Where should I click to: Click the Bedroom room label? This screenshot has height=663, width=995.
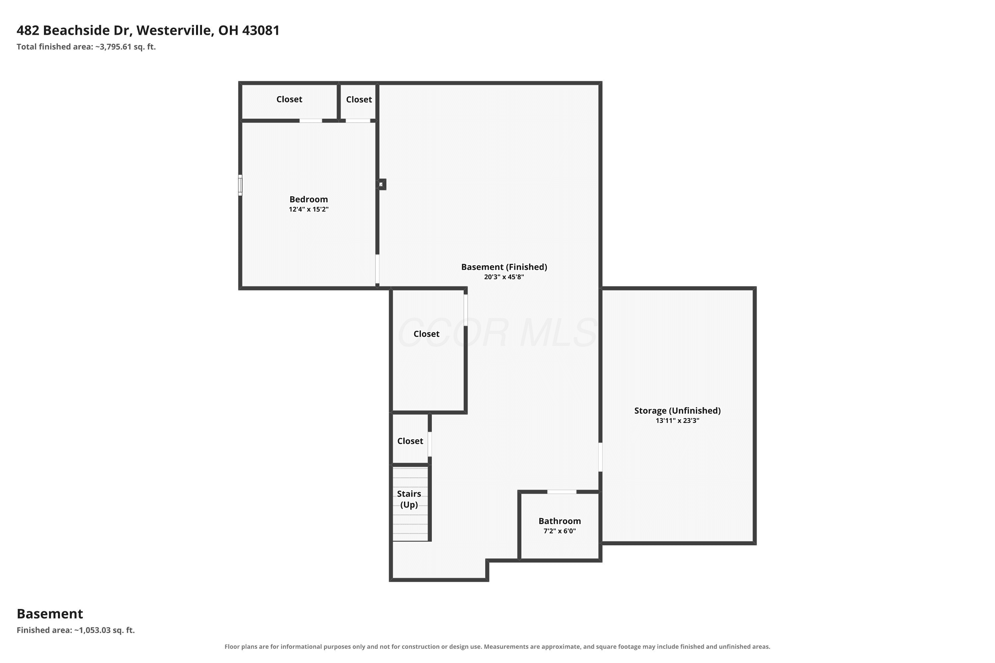(308, 199)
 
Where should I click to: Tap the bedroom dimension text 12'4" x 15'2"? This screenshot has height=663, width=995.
(308, 209)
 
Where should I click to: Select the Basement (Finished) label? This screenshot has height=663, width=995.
(504, 267)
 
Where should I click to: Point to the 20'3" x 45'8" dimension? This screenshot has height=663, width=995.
(504, 277)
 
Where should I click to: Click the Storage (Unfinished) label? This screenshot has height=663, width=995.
(677, 411)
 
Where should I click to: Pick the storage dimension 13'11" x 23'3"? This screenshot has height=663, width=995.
(677, 421)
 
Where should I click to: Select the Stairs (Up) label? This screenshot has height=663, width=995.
(409, 499)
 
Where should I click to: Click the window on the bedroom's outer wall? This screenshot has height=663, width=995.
(240, 185)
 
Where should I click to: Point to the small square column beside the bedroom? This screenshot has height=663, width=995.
(382, 184)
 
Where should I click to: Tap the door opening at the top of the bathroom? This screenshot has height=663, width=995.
(562, 492)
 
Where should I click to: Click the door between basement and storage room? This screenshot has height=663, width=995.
(600, 457)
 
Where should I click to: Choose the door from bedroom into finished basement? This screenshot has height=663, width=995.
(377, 269)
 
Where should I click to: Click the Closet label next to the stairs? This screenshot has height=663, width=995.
(410, 441)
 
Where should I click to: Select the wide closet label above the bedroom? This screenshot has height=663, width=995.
(289, 99)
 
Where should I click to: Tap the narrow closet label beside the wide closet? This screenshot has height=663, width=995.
(359, 99)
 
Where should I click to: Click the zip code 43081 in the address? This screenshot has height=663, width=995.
(261, 30)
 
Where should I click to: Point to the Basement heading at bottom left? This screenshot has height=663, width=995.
(50, 614)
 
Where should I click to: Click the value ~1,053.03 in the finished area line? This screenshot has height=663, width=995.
(93, 630)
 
